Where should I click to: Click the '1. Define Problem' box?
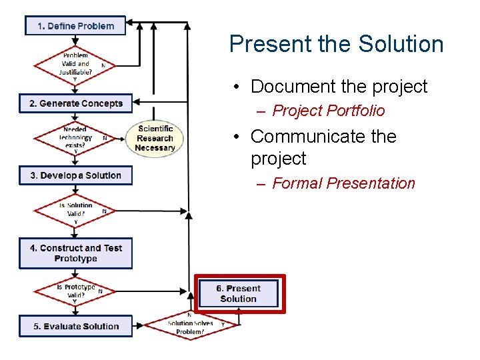pos(75,26)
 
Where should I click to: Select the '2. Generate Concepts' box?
pos(75,103)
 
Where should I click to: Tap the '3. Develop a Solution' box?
pos(75,175)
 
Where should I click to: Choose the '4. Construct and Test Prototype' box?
pos(75,253)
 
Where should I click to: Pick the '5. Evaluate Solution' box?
pos(75,326)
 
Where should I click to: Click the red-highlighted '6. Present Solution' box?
pos(239,293)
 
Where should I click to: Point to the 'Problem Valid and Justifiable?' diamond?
pos(74,65)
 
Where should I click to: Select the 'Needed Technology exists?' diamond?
pos(75,138)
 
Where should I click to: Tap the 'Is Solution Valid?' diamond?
pos(75,213)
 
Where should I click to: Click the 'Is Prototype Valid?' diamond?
pos(75,291)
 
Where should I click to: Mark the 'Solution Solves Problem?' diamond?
pos(190,327)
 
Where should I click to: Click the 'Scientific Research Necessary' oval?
pos(155,138)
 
